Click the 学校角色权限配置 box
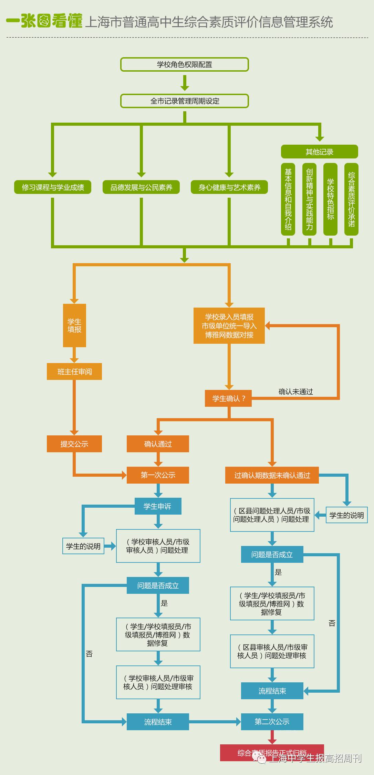[184, 64]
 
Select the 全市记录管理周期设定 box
[184, 101]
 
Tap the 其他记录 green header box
[319, 152]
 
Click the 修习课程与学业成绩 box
[53, 187]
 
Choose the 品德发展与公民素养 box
[141, 187]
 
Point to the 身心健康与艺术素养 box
[229, 187]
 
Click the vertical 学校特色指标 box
[330, 199]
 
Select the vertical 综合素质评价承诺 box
[351, 199]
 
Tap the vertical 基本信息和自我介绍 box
[288, 199]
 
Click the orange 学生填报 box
[74, 325]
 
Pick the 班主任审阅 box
[74, 372]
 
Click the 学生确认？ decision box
[228, 399]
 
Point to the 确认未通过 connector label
[295, 392]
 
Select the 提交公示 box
[74, 444]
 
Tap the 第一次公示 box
[158, 475]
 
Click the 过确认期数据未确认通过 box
[272, 475]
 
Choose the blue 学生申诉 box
[158, 506]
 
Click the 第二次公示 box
[272, 722]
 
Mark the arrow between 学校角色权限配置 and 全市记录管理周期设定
[185, 83]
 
